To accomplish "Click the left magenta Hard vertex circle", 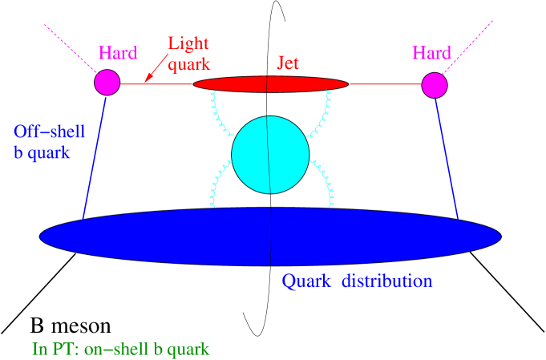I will tap(107, 83).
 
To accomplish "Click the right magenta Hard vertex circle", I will tap(435, 85).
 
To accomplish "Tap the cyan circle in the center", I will tap(270, 155).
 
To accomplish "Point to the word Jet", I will tap(288, 63).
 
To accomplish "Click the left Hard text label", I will tap(118, 54).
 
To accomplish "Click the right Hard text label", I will tap(431, 53).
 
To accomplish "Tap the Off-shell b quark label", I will tap(49, 142).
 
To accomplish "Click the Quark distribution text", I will tap(357, 281).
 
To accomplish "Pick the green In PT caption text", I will tap(120, 349).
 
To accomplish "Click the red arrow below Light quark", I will tap(156, 69).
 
